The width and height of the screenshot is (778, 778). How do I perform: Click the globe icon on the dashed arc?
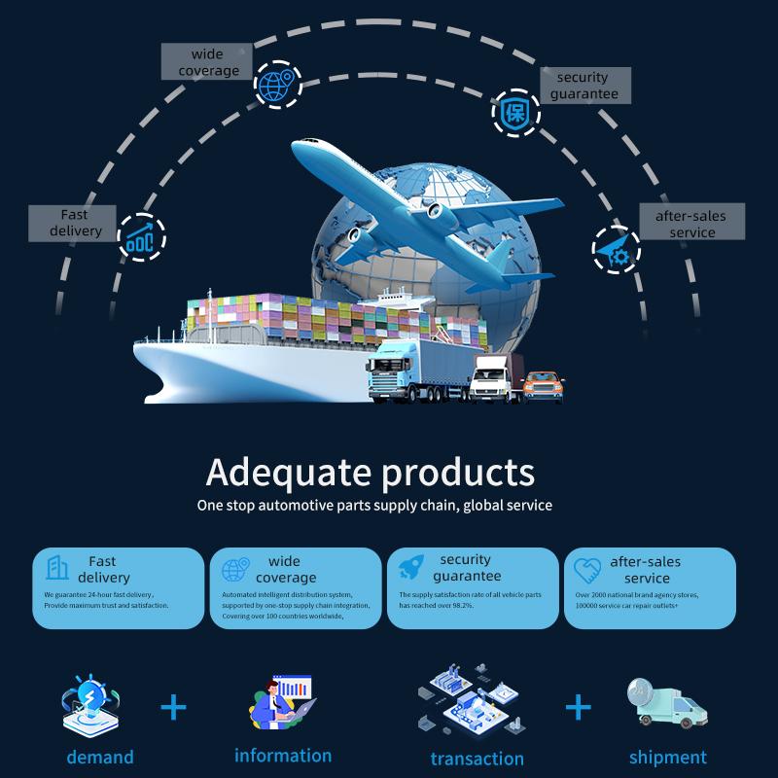pos(277,85)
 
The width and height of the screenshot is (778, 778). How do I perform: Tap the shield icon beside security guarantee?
pos(515,113)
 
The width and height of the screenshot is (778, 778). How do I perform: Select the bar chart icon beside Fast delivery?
pos(140,238)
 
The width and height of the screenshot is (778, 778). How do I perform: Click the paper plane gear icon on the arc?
pos(615,250)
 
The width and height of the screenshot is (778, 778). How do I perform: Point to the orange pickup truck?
pos(543,386)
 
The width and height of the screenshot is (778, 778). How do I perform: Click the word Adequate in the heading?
pos(288,473)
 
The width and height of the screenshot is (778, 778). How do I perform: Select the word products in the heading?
pos(458,473)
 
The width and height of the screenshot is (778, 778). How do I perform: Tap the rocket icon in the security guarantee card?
pos(411,567)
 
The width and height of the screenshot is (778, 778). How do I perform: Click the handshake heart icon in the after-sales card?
pos(587,571)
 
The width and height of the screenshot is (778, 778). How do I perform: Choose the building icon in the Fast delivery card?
pos(57,568)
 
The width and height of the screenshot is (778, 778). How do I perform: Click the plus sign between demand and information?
pos(174,707)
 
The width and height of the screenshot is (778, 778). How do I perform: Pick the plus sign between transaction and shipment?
pos(579,707)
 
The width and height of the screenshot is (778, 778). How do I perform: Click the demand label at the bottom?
pos(100,758)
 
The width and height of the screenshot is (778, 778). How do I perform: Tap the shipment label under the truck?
pos(668,759)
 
